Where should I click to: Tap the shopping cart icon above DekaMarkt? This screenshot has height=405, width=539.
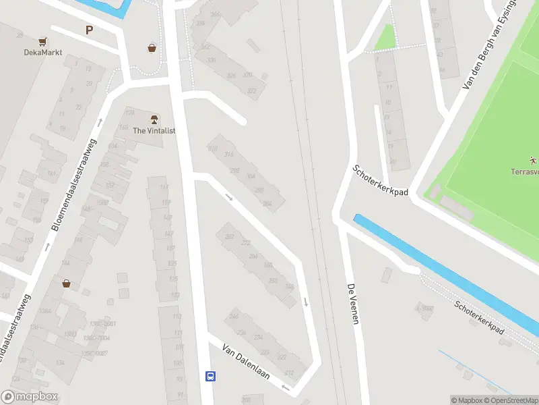42,41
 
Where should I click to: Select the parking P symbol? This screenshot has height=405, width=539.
89,29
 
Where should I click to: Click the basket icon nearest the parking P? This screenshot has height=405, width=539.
152,48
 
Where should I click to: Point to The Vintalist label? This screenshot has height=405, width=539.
154,130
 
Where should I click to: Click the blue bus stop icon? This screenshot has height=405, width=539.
211,376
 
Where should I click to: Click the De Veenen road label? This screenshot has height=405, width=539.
354,303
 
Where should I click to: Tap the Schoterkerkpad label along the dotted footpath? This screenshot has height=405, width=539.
479,317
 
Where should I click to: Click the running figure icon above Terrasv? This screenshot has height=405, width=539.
532,161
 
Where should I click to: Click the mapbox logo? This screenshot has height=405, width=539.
30,397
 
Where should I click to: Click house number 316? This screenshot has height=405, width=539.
228,155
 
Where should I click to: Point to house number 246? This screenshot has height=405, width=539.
234,316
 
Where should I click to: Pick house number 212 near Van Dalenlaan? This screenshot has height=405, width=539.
289,373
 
